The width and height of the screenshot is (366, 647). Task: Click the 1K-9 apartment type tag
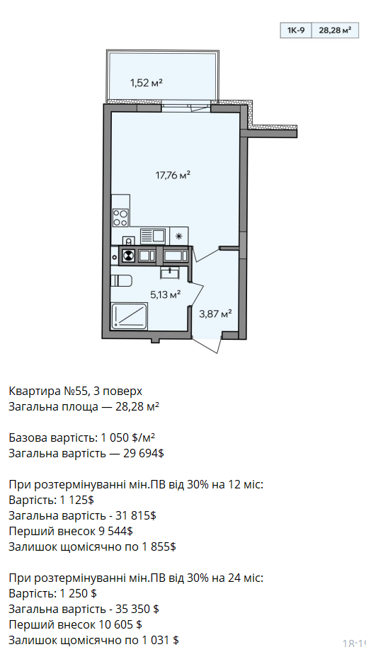point(296,30)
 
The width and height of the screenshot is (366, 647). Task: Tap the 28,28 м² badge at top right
point(335,30)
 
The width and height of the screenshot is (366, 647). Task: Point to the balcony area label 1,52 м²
point(147,83)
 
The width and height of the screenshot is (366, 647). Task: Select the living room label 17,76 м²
point(173,176)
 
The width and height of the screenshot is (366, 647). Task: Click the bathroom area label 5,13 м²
point(166,294)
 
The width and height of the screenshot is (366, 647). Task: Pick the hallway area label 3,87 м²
point(215,314)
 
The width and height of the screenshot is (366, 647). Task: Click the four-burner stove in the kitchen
point(120,217)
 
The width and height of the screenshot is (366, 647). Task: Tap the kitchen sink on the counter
point(152,236)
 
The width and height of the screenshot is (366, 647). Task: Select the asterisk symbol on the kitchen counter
point(178,236)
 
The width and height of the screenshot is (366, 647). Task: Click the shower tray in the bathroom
point(130,316)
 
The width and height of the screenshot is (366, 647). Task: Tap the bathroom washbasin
point(170,272)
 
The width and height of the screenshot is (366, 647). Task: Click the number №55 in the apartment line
point(74,391)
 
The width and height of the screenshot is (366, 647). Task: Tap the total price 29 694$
point(144,454)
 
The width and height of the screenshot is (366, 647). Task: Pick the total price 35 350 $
point(139,609)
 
